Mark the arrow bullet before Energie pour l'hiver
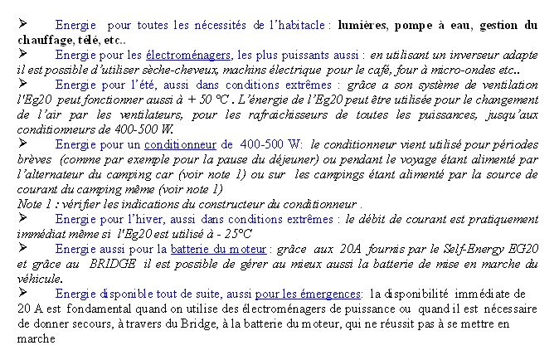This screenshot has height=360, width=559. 23,219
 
